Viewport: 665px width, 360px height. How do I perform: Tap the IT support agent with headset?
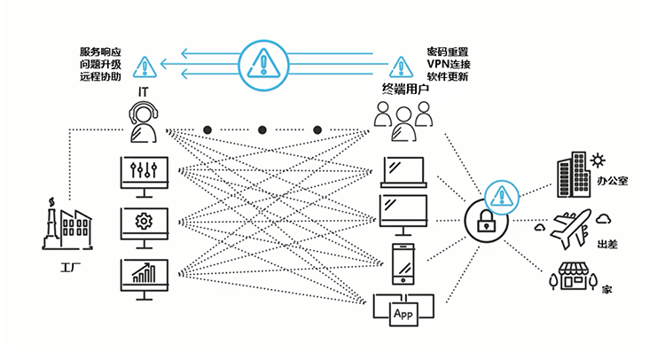(144, 121)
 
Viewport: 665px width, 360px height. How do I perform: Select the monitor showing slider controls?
(145, 176)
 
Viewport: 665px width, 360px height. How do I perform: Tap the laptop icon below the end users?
(403, 172)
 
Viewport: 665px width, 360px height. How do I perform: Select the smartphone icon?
(403, 263)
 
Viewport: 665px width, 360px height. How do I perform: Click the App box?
(403, 314)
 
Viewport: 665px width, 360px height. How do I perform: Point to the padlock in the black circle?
(487, 222)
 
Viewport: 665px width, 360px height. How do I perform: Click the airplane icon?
(571, 228)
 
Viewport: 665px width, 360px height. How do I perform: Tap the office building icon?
(573, 175)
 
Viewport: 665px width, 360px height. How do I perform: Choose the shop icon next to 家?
(574, 276)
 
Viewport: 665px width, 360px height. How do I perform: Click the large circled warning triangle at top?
(263, 65)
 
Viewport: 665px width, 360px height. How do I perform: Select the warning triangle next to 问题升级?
(145, 67)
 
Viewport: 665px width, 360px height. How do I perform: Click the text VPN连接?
(449, 64)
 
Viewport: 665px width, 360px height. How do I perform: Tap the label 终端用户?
(405, 90)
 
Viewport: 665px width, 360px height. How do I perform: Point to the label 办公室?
(612, 181)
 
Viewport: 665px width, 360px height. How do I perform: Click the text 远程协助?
(100, 76)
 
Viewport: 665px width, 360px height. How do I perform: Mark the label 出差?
(607, 244)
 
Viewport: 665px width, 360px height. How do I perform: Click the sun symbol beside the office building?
(598, 161)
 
